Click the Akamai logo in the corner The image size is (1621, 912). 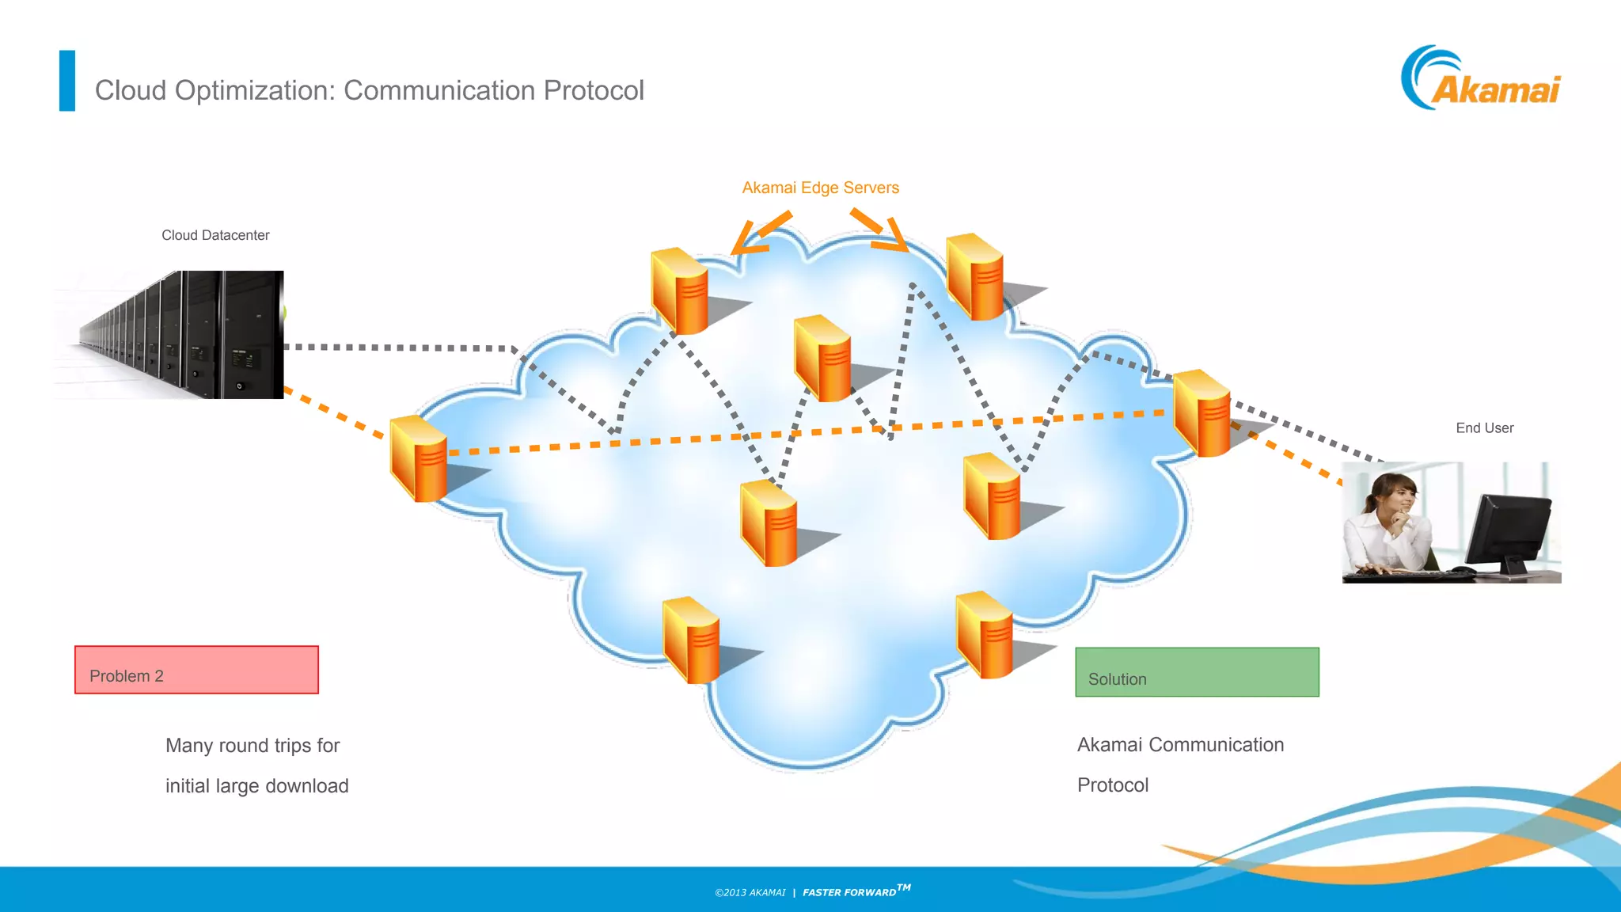(x=1480, y=79)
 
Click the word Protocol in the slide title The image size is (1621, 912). (x=593, y=90)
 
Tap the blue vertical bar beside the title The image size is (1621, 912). (x=67, y=81)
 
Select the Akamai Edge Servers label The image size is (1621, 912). (x=820, y=188)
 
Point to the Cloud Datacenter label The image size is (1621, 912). (x=215, y=235)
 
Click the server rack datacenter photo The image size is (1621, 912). (x=169, y=334)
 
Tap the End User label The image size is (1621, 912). (x=1484, y=427)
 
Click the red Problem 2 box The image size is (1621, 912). (x=196, y=670)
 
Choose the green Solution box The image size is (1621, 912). (x=1197, y=672)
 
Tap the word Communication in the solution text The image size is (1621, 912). (x=1216, y=745)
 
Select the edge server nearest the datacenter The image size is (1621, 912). (x=419, y=459)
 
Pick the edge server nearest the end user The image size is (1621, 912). (x=1202, y=413)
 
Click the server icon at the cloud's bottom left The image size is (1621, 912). (x=691, y=640)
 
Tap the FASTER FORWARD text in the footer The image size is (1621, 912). (x=849, y=892)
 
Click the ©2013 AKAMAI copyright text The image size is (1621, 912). (x=750, y=892)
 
